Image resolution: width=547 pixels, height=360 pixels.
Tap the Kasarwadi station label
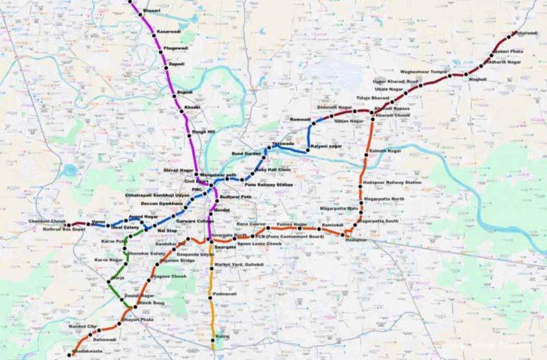point(168,32)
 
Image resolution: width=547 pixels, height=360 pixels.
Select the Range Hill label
point(203,132)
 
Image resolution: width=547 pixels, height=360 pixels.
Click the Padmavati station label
point(225,293)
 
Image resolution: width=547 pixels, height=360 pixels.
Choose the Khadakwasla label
point(86,350)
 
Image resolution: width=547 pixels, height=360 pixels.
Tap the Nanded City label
point(83,326)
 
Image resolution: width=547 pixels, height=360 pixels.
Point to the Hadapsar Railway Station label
point(392,182)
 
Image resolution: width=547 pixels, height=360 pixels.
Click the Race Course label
point(251,223)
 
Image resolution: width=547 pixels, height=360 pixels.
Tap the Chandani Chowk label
point(47,221)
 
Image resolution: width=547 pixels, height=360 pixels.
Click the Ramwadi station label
point(301,119)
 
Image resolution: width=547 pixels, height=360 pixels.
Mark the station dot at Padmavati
point(213,293)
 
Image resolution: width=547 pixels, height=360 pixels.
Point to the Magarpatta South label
point(381,220)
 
